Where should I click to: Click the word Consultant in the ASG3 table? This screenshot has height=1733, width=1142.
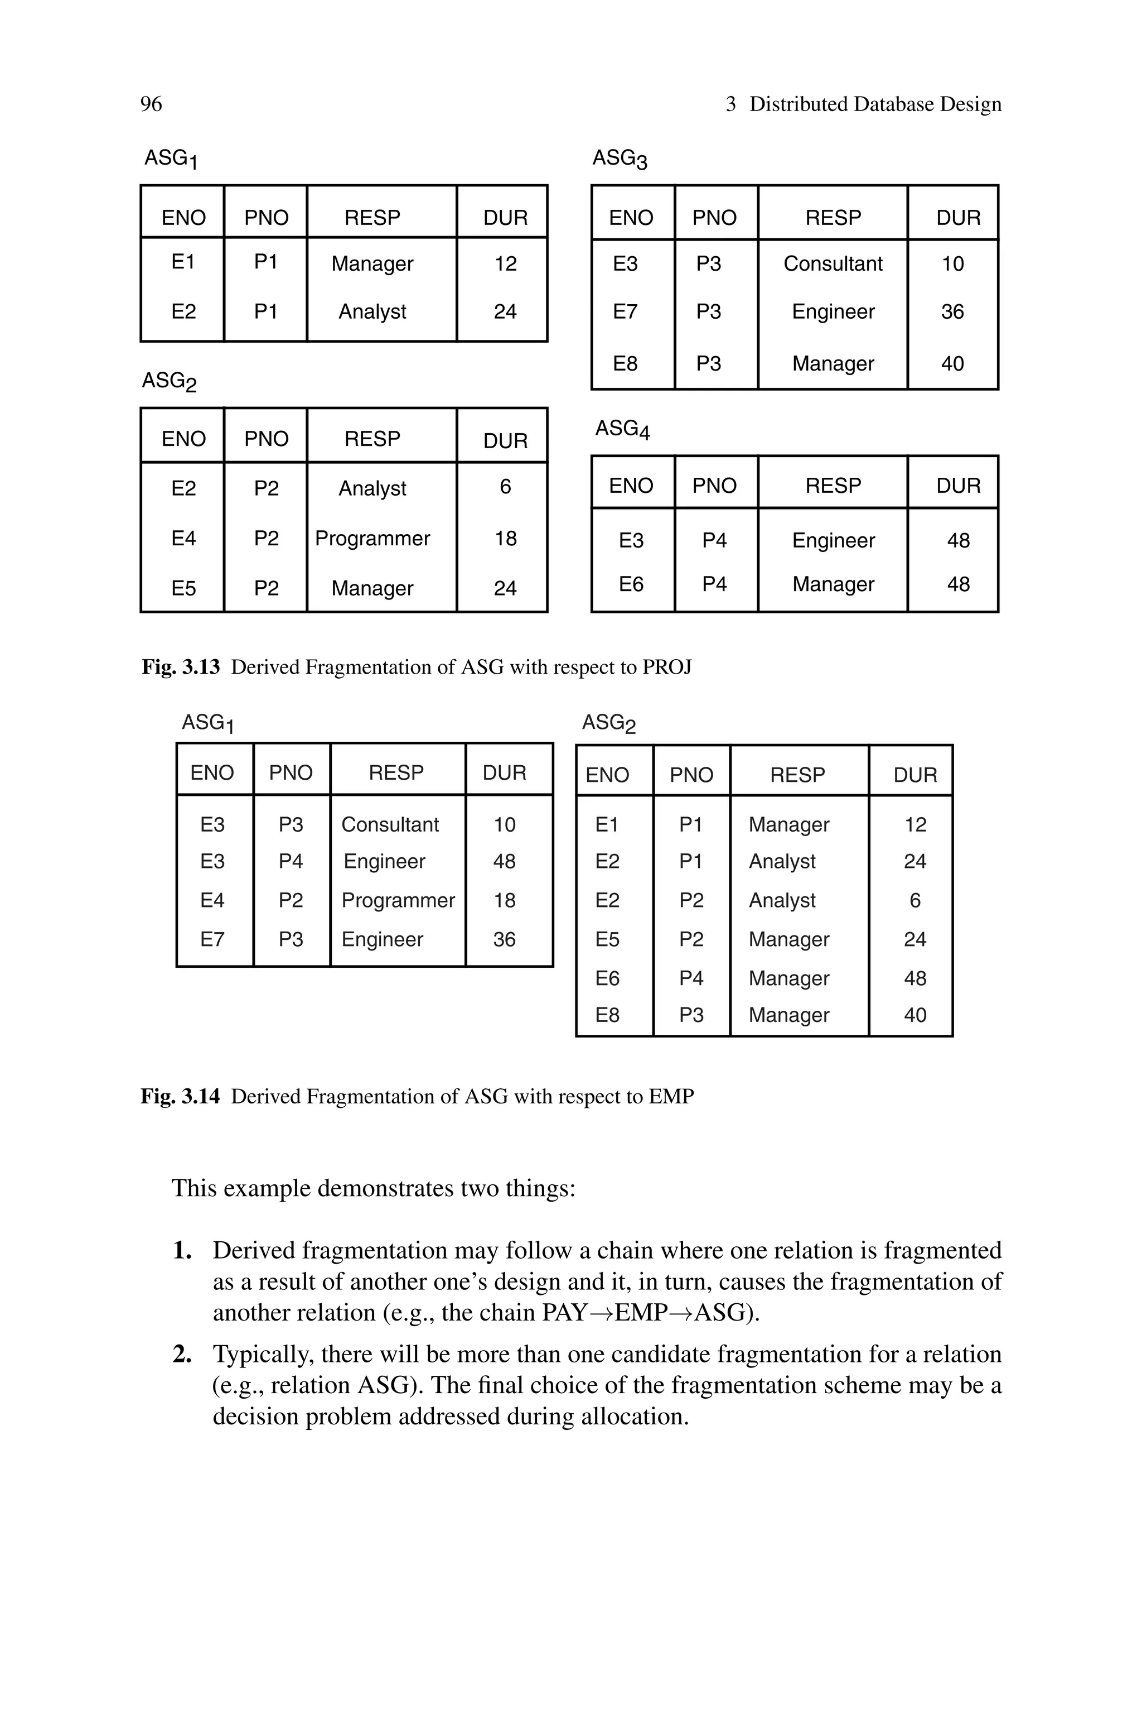coord(833,264)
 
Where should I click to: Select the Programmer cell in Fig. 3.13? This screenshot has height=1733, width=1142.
coord(372,539)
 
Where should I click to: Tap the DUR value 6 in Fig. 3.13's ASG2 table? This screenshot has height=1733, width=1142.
coord(505,487)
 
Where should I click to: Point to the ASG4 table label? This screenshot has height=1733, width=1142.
coord(622,429)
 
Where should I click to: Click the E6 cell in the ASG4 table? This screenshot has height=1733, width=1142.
coord(631,584)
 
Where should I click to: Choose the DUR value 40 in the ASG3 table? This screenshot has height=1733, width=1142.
coord(952,364)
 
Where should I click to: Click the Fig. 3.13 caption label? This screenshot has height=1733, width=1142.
coord(181,667)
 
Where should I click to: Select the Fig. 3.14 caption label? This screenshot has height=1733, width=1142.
coord(180,1096)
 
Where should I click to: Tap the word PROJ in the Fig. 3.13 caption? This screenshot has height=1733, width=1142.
coord(666,667)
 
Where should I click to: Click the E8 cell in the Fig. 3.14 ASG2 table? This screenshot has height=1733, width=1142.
coord(607,1015)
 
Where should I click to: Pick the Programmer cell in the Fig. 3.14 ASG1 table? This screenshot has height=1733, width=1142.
coord(398,901)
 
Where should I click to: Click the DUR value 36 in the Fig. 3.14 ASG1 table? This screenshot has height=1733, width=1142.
coord(504,939)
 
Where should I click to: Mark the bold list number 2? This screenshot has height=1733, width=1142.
coord(181,1354)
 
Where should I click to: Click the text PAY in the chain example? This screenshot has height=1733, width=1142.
coord(564,1313)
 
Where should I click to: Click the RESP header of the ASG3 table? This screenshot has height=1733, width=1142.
coord(833,218)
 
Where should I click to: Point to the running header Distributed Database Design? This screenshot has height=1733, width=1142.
coord(875,104)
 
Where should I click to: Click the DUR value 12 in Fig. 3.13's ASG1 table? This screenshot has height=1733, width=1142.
coord(505,264)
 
